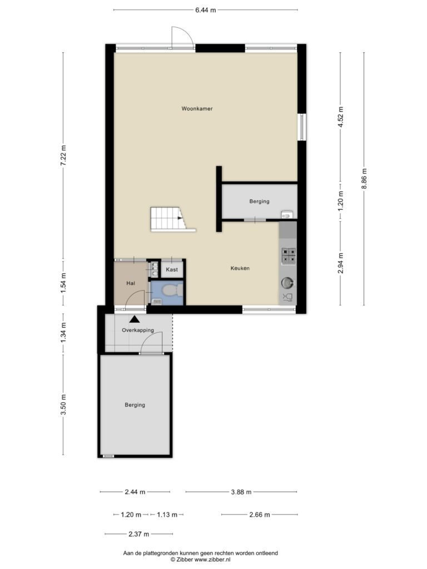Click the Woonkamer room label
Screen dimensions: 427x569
point(197,108)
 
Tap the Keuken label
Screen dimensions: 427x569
point(240,268)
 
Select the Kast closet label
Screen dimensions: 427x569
point(172,269)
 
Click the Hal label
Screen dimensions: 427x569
point(131,283)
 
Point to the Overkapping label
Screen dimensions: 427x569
point(138,330)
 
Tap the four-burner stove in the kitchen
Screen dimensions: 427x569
point(289,255)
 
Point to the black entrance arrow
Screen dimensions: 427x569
point(135,320)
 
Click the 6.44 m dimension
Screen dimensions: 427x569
point(206,10)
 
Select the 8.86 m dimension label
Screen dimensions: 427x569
point(364,178)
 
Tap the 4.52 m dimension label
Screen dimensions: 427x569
point(340,117)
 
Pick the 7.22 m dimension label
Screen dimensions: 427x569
point(63,156)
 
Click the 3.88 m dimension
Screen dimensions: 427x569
point(241,492)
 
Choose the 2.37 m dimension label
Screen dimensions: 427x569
point(138,534)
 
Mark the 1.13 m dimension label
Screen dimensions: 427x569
point(167,515)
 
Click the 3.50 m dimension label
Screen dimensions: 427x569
point(63,405)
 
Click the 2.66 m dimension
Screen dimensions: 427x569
point(260,515)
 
